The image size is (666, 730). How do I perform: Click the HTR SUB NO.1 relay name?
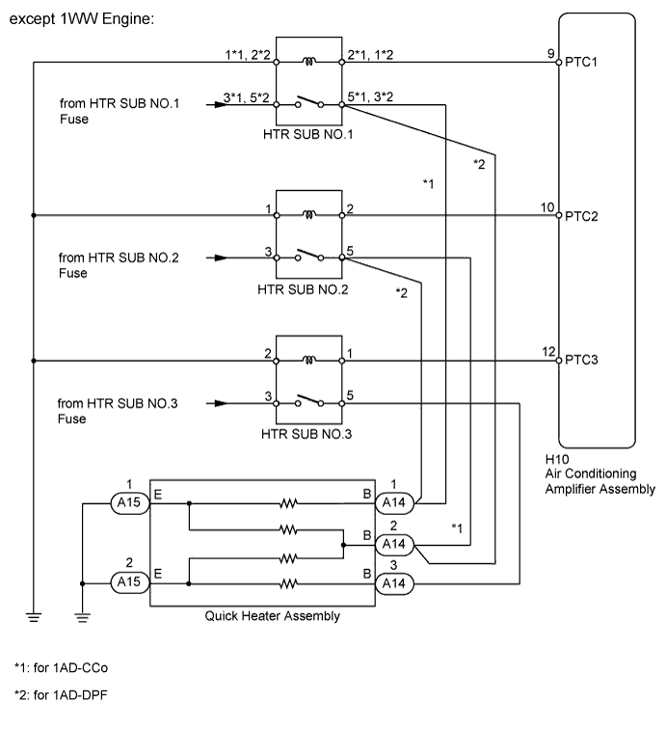[307, 134]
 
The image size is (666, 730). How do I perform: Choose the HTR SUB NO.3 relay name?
[307, 434]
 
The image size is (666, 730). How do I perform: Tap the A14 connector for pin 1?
[393, 502]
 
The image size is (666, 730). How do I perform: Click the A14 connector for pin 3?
[393, 583]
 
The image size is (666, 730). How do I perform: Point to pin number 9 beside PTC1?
[550, 54]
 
